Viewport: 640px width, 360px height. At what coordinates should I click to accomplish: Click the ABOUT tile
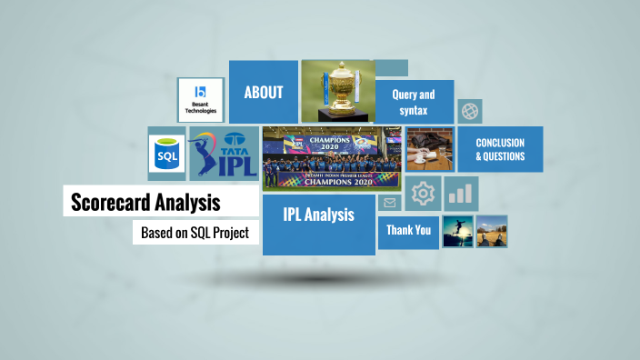264,92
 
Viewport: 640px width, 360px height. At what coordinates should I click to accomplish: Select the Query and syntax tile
414,102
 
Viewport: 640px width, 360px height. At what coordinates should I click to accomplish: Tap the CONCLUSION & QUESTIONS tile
500,149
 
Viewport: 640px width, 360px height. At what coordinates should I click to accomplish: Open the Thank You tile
408,230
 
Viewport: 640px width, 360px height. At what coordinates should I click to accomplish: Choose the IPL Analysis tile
318,216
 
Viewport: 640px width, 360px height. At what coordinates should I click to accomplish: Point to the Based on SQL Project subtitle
195,233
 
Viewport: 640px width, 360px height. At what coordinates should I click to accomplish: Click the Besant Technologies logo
200,100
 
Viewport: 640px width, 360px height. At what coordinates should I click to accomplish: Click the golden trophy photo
336,90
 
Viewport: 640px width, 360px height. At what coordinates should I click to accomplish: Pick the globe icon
470,112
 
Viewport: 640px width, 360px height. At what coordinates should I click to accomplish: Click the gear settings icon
423,194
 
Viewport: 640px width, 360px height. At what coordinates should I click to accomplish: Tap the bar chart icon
462,193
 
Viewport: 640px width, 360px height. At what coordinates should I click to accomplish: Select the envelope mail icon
389,203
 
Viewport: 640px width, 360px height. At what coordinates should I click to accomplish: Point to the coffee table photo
430,149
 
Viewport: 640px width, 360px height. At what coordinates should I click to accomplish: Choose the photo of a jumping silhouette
457,231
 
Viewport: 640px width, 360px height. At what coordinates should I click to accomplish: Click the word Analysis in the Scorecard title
190,202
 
